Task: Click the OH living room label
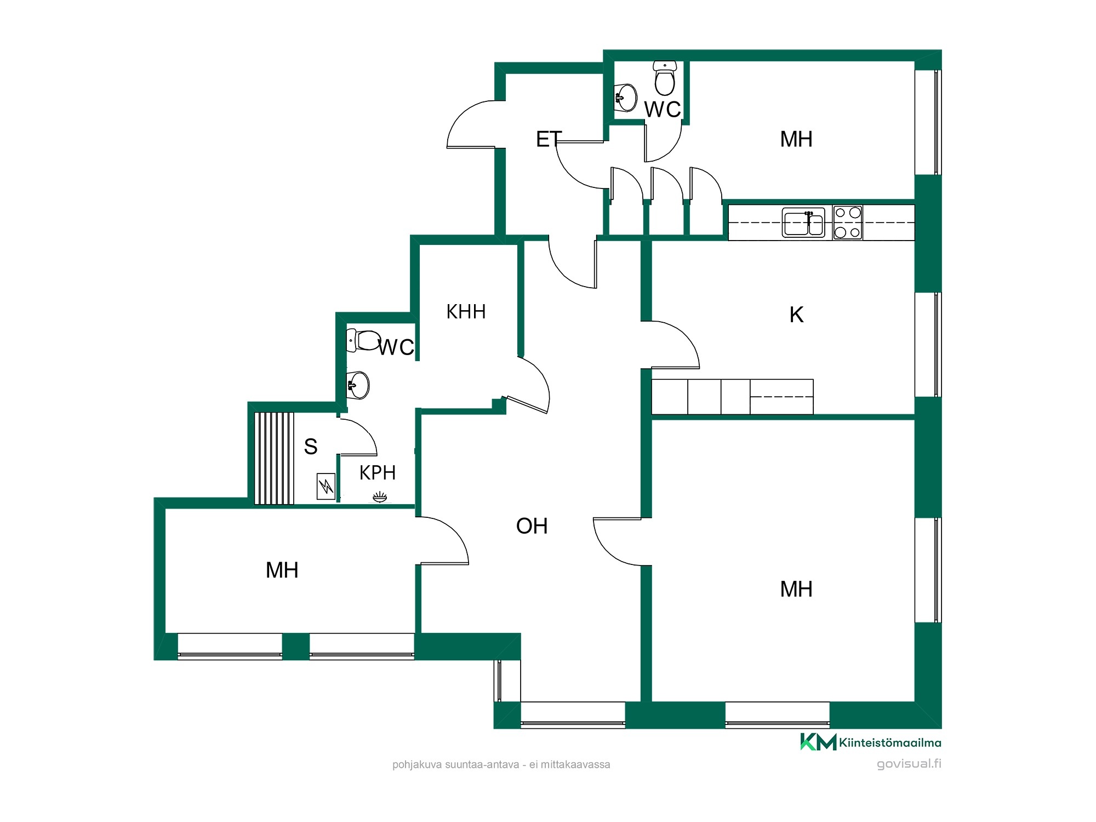(532, 526)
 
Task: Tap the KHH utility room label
(466, 312)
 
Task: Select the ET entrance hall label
(549, 139)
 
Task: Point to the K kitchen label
(796, 315)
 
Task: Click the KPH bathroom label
(378, 472)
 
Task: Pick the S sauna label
(311, 447)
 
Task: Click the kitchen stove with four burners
(847, 222)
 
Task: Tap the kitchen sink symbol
(803, 222)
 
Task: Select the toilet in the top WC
(665, 78)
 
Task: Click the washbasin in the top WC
(626, 98)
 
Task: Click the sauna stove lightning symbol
(326, 486)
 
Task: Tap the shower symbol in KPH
(380, 497)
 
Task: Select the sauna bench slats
(274, 458)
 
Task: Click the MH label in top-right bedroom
(796, 139)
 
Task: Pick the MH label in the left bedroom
(282, 570)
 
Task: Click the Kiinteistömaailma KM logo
(871, 742)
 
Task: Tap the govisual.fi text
(909, 763)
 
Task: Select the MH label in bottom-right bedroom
(796, 590)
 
